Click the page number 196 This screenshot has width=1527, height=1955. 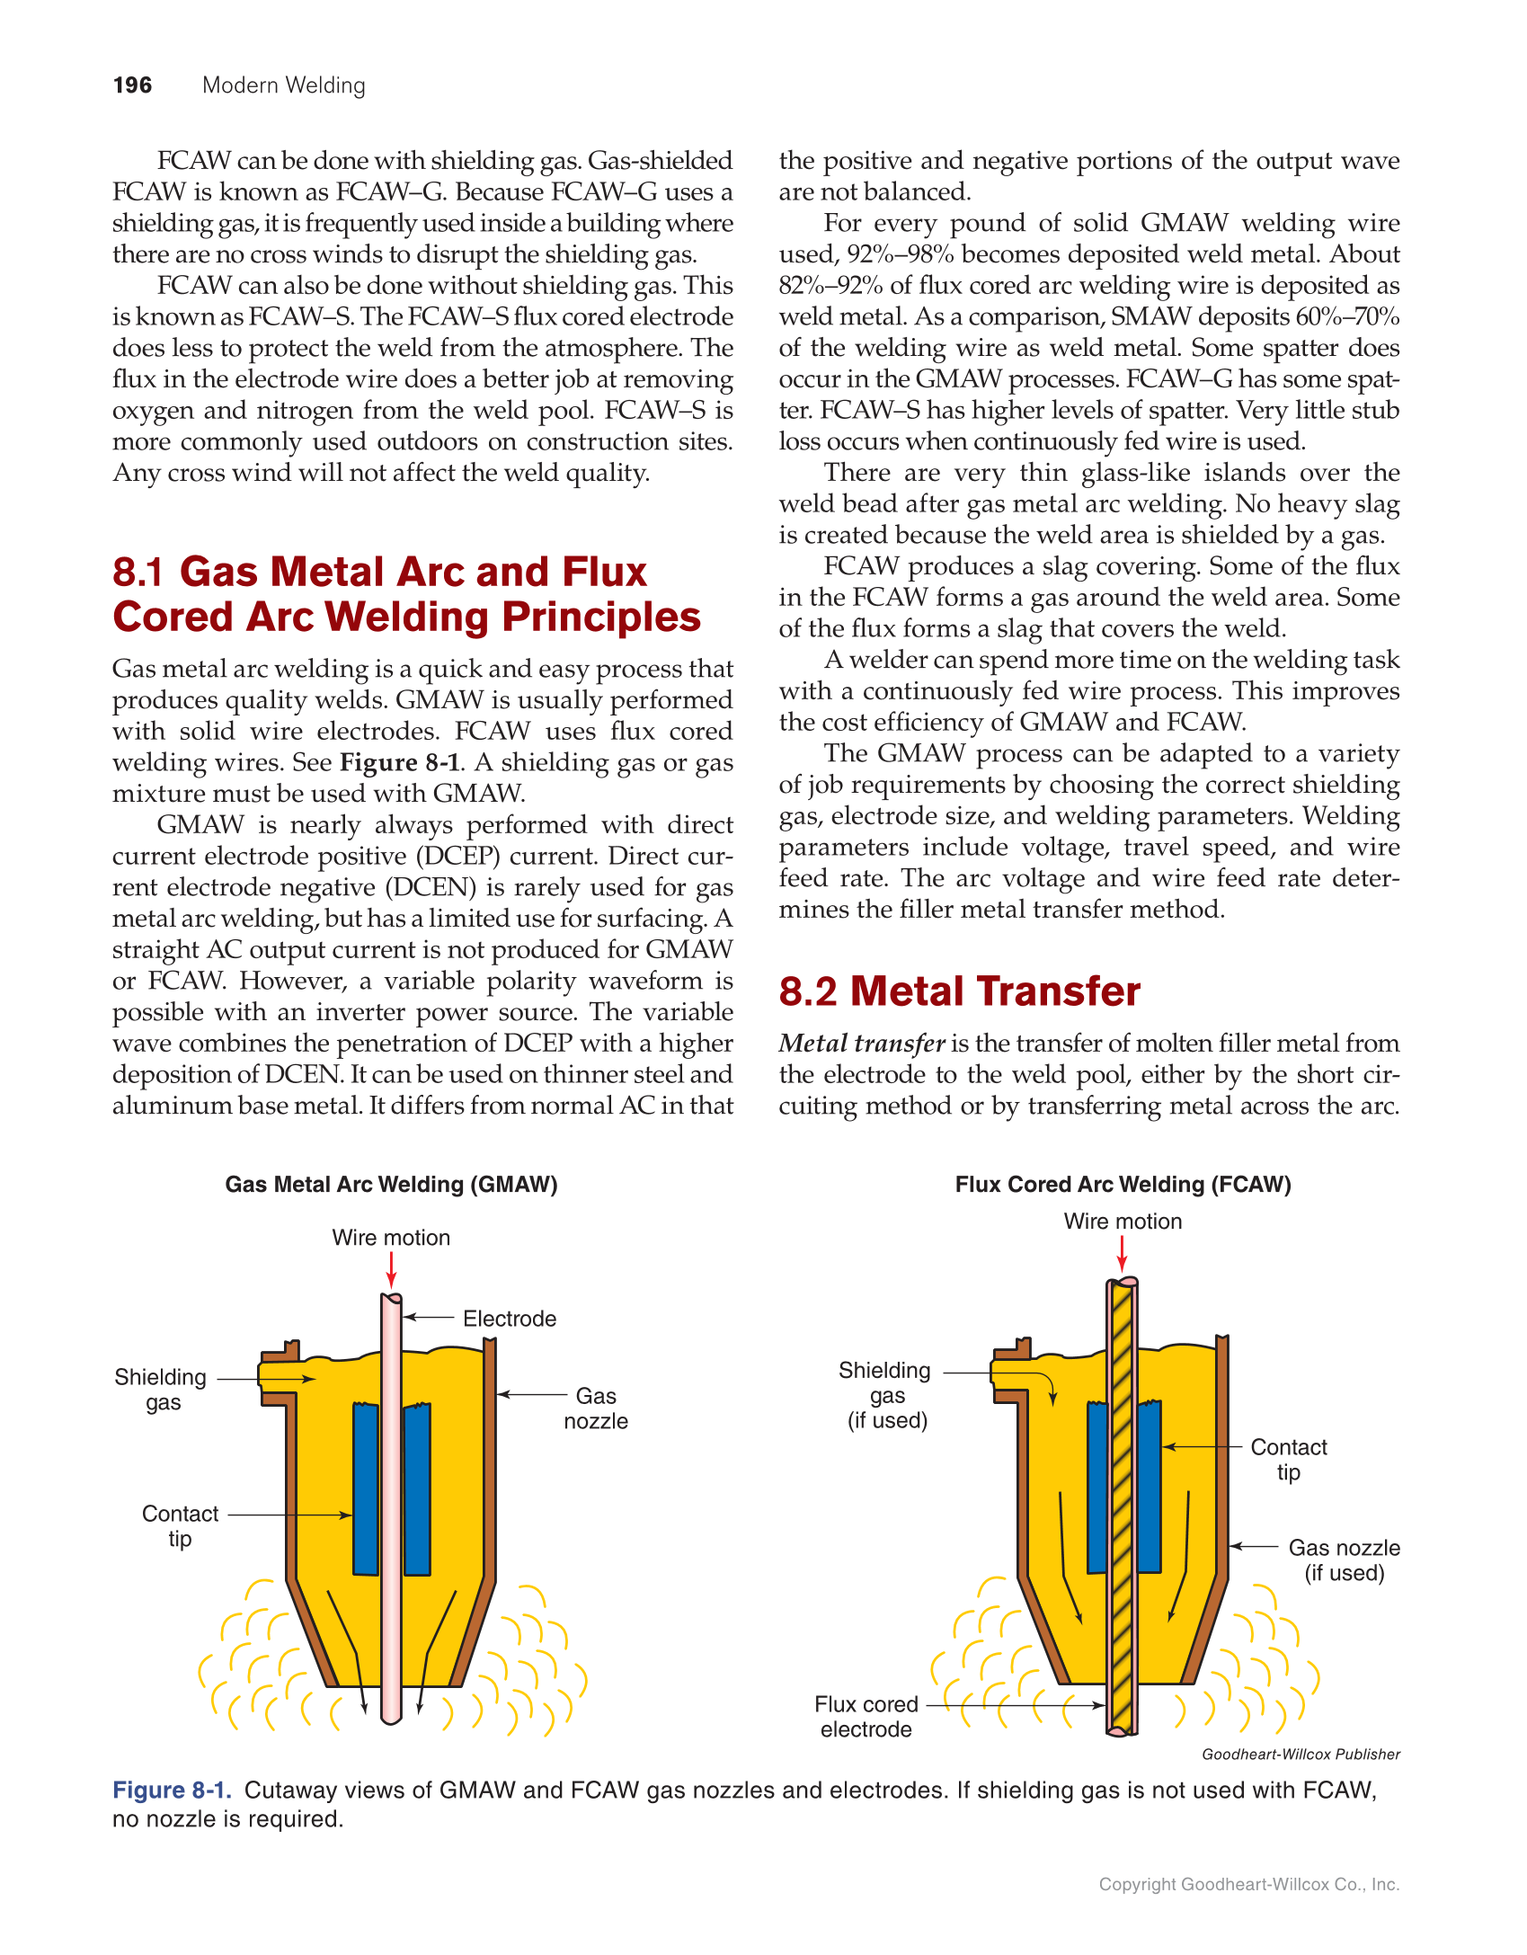[132, 85]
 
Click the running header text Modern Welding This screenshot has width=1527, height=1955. [283, 85]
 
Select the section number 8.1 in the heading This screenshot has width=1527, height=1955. [138, 572]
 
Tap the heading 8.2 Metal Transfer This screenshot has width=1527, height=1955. [959, 991]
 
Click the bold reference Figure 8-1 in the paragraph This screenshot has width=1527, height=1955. [400, 762]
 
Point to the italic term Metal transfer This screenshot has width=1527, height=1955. [861, 1043]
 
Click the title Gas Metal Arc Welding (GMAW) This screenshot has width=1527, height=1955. [391, 1184]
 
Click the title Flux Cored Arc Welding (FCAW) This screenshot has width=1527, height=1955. [1123, 1184]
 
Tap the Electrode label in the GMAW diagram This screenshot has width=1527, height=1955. [509, 1319]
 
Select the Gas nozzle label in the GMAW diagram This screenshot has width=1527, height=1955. [595, 1408]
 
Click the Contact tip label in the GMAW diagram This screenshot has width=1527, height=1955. [180, 1526]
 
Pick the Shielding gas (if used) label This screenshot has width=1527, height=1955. [886, 1395]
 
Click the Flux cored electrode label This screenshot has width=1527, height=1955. [866, 1717]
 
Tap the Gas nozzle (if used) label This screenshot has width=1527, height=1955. [1344, 1560]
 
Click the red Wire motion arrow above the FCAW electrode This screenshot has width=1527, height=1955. [1122, 1253]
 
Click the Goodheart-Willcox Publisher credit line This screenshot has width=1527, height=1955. [1301, 1754]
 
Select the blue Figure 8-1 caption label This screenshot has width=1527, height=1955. [172, 1790]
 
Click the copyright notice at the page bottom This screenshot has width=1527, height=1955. [1248, 1884]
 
